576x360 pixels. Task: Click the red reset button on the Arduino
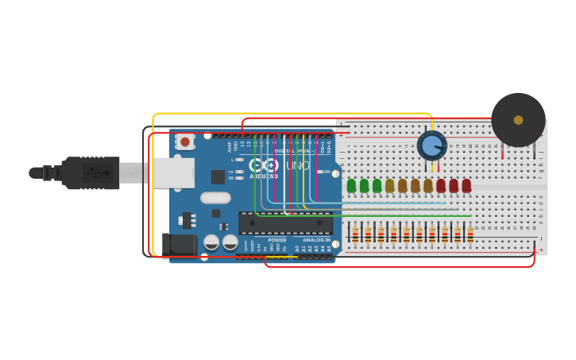(185, 141)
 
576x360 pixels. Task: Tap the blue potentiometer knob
(431, 145)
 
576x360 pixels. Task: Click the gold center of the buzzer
(518, 120)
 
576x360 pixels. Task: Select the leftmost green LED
(351, 186)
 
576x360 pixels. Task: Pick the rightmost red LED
(466, 186)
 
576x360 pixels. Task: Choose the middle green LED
(364, 186)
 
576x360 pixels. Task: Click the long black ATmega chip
(286, 223)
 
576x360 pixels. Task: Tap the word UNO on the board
(298, 165)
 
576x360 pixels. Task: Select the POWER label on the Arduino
(277, 240)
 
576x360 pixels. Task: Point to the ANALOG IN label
(316, 240)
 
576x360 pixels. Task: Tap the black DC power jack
(180, 244)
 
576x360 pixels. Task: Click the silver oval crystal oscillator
(215, 198)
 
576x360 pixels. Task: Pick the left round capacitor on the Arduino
(211, 242)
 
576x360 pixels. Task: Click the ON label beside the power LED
(327, 172)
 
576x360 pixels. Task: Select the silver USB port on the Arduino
(173, 172)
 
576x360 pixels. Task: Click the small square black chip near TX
(218, 177)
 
